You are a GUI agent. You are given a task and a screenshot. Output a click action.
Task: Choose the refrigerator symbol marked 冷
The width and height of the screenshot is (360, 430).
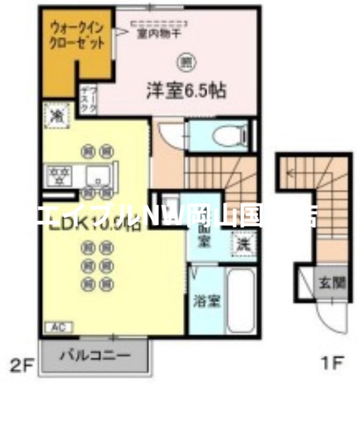[56, 114]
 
